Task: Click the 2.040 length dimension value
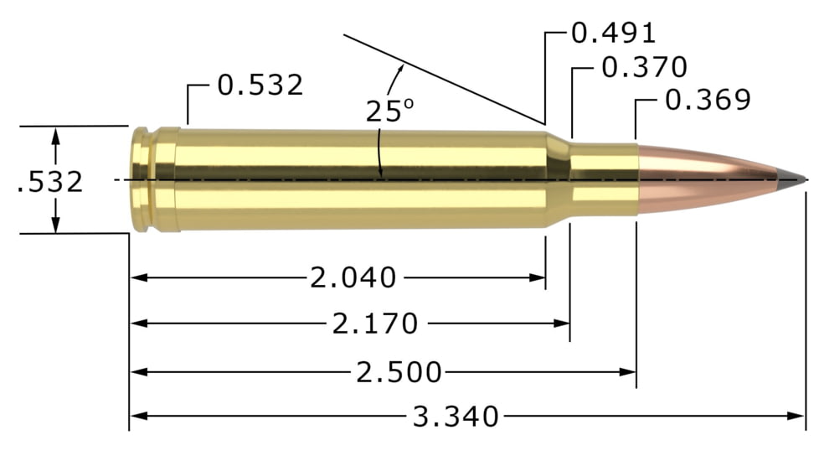coord(353,277)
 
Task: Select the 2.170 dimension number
coord(375,324)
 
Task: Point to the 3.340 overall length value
coord(456,416)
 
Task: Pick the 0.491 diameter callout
coord(612,33)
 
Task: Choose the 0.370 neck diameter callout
coord(644,67)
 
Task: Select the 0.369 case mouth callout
coord(708,100)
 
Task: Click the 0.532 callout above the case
coord(260,85)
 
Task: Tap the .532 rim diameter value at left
coord(50,181)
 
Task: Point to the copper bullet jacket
coord(703,179)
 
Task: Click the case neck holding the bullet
coord(603,179)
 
